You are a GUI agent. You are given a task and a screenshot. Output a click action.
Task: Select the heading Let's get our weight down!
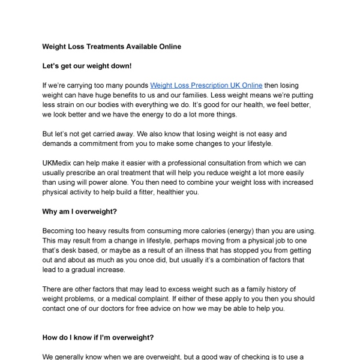86,66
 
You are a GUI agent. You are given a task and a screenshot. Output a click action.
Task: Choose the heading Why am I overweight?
80,212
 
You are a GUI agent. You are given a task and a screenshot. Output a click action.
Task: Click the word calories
218,232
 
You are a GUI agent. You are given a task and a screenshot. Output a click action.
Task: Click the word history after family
278,290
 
